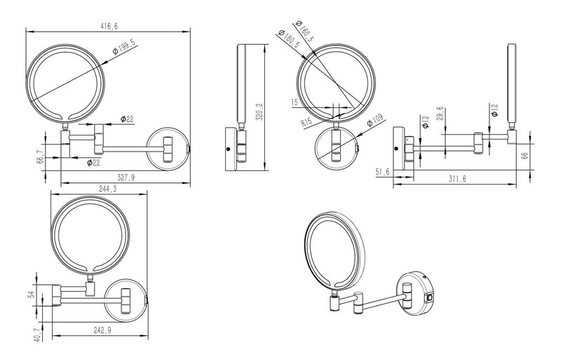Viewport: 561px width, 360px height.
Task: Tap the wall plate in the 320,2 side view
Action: pyautogui.click(x=229, y=148)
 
